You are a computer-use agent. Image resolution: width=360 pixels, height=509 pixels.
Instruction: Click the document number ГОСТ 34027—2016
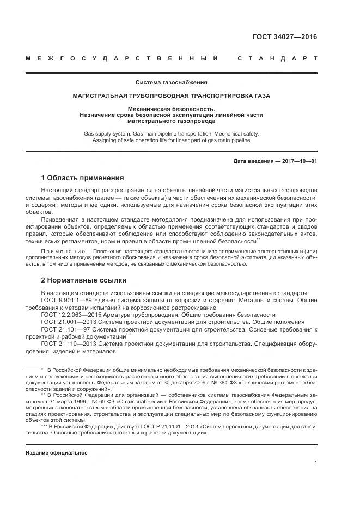point(284,38)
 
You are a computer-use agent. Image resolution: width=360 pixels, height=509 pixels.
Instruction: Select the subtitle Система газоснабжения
point(172,83)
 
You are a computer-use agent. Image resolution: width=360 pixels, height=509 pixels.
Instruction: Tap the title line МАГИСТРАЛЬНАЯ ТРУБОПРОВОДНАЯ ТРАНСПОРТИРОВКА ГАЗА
point(172,96)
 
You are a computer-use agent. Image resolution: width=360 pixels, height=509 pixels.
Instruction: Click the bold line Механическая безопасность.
point(172,108)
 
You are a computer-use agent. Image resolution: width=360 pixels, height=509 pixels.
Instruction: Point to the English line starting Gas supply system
point(172,133)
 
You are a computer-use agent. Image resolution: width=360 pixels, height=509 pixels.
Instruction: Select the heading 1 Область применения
point(82,178)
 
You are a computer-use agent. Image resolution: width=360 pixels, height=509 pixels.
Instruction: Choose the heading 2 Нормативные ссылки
point(84,280)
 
